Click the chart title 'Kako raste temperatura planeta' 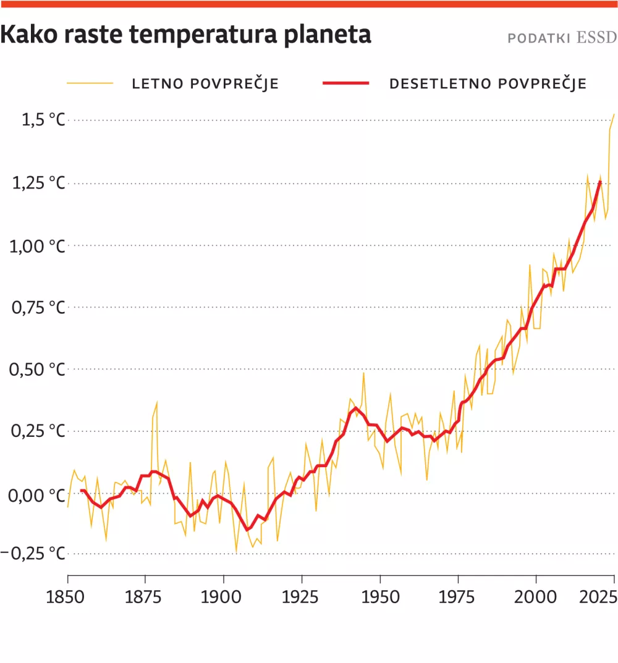(185, 35)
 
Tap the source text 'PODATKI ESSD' (562, 38)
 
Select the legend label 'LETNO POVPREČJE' (205, 84)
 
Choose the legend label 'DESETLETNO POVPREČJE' (488, 84)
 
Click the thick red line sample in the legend (346, 83)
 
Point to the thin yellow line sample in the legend (90, 83)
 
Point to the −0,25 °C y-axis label (35, 553)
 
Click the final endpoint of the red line (600, 182)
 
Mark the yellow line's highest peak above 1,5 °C (614, 114)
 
